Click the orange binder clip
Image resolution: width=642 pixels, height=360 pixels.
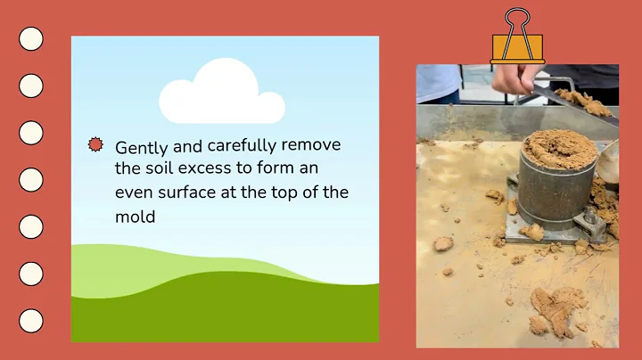[517, 40]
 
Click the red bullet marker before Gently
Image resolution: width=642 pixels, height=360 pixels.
[95, 144]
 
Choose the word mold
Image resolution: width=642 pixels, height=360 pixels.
[135, 216]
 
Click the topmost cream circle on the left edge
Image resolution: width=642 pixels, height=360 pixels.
[31, 38]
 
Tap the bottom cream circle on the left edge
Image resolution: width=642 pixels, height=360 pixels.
[31, 321]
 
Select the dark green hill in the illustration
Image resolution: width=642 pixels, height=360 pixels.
[223, 312]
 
